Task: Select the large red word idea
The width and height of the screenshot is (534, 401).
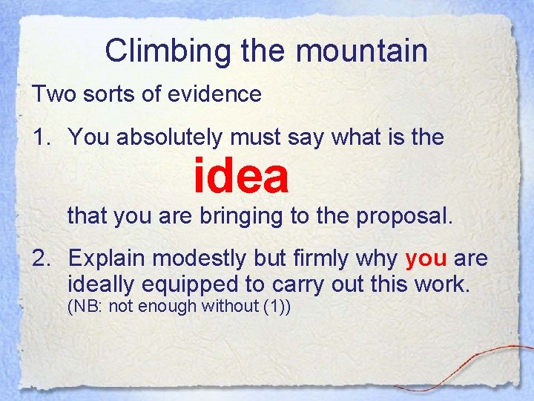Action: click(x=241, y=176)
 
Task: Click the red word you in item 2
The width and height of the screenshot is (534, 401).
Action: click(x=426, y=259)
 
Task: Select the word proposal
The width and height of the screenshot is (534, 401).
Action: click(x=403, y=217)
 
